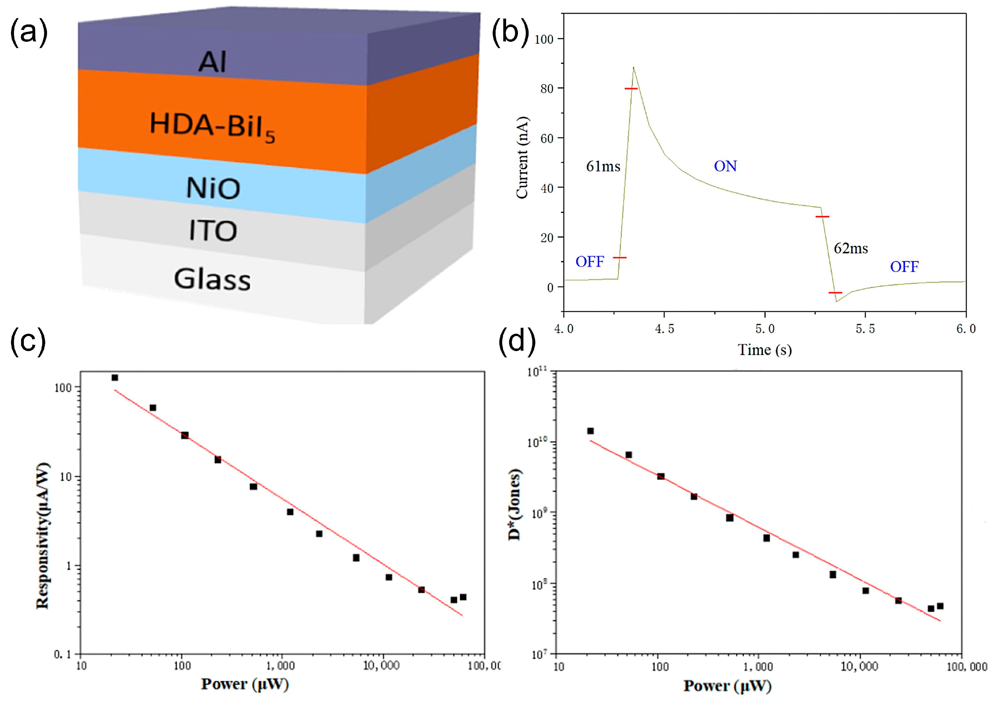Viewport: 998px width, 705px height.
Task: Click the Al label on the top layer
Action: point(213,62)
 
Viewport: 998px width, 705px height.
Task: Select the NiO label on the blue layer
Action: point(213,189)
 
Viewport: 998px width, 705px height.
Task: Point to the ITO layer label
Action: point(213,231)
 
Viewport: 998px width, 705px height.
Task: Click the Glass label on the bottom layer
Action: point(212,279)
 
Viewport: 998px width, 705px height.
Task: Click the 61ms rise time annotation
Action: point(603,166)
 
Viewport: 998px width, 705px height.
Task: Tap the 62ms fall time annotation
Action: point(850,249)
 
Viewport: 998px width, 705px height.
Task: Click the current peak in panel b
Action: point(633,68)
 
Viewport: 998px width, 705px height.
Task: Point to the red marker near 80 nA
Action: point(631,89)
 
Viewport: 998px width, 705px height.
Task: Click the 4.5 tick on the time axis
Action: point(664,329)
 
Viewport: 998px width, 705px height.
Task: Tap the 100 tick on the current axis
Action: point(544,39)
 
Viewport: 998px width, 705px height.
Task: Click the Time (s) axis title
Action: point(765,349)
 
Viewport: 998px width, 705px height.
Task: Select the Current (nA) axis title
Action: point(522,157)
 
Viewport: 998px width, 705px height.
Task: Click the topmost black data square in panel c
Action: point(115,378)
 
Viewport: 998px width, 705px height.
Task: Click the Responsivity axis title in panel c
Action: point(43,536)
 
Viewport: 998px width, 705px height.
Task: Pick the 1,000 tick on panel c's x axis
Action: point(281,666)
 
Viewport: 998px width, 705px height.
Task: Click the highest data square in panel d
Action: point(590,431)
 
